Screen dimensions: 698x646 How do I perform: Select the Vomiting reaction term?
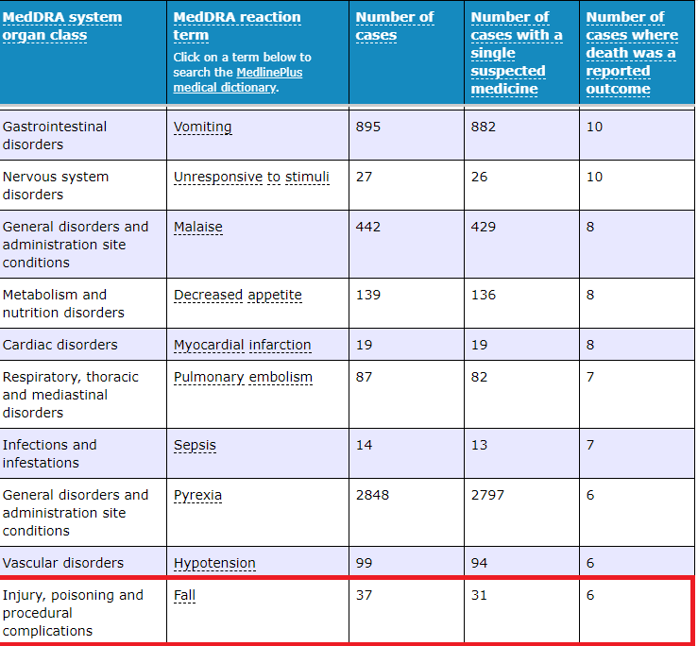point(202,127)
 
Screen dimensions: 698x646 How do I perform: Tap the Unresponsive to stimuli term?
point(251,177)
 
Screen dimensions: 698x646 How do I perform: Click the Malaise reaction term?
point(198,227)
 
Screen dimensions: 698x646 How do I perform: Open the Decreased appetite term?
point(238,295)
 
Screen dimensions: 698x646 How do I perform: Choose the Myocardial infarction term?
point(242,345)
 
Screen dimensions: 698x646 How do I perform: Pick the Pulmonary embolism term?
point(243,377)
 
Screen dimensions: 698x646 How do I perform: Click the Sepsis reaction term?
point(195,445)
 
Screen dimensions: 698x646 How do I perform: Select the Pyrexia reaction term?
point(197,495)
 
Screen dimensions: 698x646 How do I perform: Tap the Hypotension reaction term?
point(214,563)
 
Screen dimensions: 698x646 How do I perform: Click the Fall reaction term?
point(185,595)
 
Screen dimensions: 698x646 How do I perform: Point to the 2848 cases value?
point(372,495)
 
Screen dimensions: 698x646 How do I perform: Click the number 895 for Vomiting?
point(368,127)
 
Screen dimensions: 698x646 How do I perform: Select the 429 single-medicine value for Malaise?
point(484,227)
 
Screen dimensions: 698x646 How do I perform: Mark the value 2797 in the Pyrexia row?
point(487,495)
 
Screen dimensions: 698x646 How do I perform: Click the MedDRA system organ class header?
point(62,25)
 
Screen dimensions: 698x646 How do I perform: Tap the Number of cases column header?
point(395,25)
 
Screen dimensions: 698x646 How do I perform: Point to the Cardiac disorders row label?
point(60,345)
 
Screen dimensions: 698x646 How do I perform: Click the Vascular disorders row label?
point(62,563)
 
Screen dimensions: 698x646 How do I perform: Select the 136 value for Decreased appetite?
point(484,295)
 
